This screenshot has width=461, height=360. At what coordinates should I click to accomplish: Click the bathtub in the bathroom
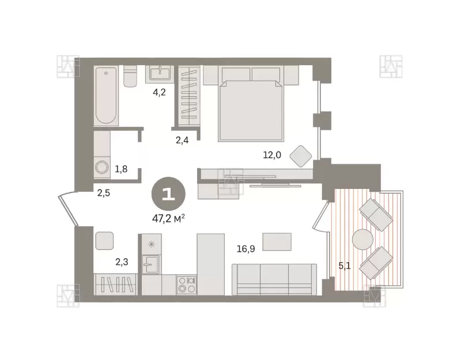tap(106, 96)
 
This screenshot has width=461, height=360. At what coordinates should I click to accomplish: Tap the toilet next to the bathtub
tap(130, 76)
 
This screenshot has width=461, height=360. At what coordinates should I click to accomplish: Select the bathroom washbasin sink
tap(160, 73)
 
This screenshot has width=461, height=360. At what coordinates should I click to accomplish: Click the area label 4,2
tap(159, 92)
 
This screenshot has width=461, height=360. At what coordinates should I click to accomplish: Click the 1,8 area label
tap(121, 169)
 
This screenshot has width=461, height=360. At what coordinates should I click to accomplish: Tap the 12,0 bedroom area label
tap(272, 155)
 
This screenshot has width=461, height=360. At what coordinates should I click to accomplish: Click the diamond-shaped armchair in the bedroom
tap(300, 156)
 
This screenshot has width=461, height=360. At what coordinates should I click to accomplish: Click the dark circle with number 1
tap(168, 194)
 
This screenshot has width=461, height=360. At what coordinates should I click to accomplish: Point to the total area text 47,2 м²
tap(168, 218)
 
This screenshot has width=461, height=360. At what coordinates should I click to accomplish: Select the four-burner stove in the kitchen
tap(187, 285)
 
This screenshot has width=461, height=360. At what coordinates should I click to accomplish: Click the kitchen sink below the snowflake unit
tap(151, 264)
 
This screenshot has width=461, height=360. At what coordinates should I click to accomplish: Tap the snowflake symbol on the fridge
tap(152, 244)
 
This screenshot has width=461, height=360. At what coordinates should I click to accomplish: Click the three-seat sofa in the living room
tap(274, 279)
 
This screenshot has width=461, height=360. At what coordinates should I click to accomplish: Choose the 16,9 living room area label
tap(246, 249)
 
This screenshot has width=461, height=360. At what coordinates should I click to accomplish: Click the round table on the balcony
tap(362, 239)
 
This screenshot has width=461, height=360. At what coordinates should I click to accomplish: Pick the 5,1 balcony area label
tap(344, 266)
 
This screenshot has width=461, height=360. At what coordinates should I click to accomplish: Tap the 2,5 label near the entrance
tap(104, 193)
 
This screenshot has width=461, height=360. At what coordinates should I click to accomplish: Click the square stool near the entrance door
tap(104, 241)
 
